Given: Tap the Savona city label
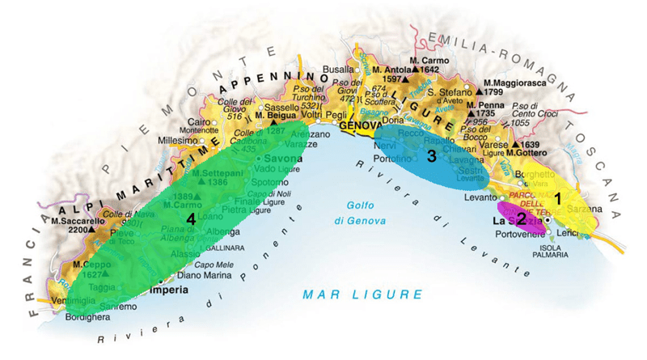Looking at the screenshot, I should (x=281, y=156).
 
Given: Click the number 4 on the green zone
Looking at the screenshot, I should (x=191, y=219).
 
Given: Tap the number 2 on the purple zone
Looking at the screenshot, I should (x=522, y=218).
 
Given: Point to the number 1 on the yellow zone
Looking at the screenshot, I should (x=556, y=197).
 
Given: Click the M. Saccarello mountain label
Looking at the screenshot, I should (x=74, y=220).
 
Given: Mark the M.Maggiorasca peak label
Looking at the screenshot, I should (x=518, y=83).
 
